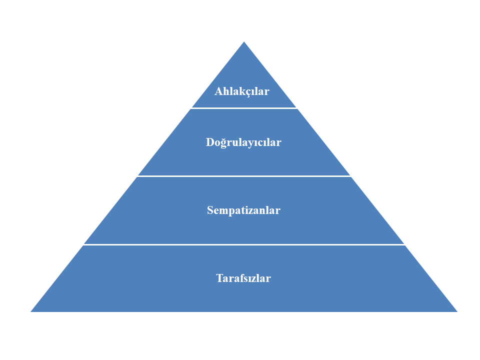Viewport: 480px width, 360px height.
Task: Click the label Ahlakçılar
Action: tap(242, 91)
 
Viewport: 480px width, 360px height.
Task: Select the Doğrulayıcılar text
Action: tap(243, 142)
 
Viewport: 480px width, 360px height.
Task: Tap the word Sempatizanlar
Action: tap(243, 210)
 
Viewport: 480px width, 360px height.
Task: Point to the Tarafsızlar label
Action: tap(243, 278)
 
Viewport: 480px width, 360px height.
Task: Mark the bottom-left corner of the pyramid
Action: tap(32, 311)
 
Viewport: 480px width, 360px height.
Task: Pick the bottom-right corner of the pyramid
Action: tap(456, 311)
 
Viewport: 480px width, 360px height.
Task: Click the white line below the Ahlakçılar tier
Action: tap(244, 108)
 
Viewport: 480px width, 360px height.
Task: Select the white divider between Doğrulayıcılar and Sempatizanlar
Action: tap(244, 176)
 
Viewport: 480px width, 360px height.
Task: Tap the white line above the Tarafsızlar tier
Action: tap(244, 244)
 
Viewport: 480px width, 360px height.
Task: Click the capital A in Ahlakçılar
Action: tap(218, 91)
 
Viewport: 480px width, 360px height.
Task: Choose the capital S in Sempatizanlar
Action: tap(210, 210)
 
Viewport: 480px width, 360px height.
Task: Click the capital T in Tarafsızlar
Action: tap(219, 278)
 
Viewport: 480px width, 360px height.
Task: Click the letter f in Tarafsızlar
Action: tap(240, 278)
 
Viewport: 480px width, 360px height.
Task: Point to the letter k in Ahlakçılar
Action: tap(240, 91)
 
